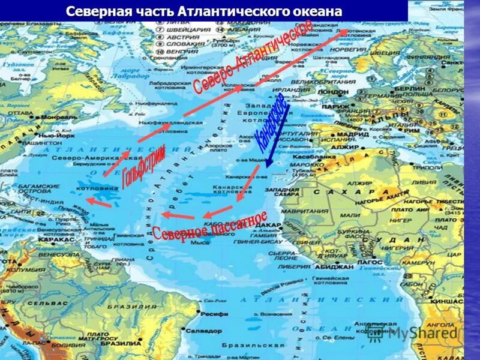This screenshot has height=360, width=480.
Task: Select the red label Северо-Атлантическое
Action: [x=253, y=56]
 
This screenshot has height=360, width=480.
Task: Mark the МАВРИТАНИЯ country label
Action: [x=321, y=211]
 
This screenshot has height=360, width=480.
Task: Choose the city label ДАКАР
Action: [x=271, y=224]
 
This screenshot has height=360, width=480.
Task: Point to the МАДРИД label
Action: [x=347, y=134]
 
